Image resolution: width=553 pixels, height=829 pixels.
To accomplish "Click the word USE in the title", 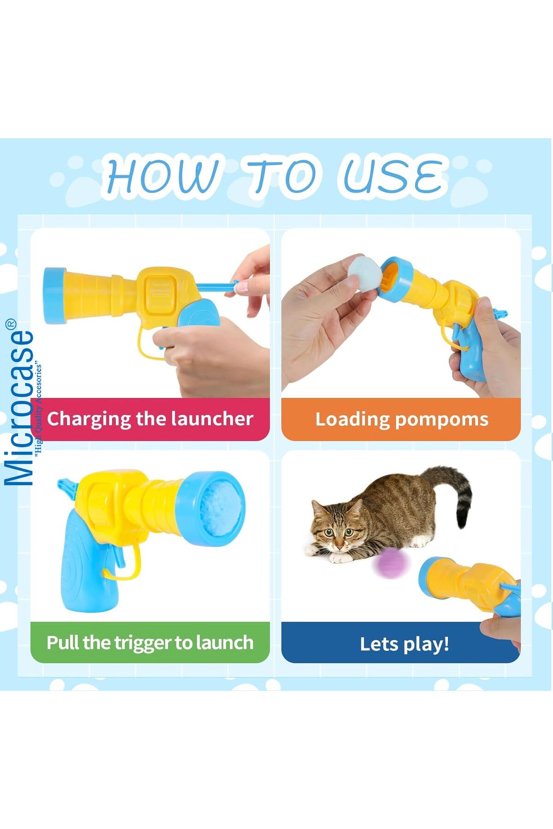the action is click(x=393, y=175).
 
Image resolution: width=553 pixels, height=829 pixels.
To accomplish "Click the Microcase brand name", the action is click(x=19, y=408).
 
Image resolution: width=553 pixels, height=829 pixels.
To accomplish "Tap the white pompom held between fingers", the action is click(x=365, y=274).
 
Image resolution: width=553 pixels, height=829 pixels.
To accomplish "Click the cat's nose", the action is click(x=339, y=543).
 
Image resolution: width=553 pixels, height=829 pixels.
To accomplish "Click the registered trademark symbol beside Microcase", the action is click(x=11, y=324).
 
